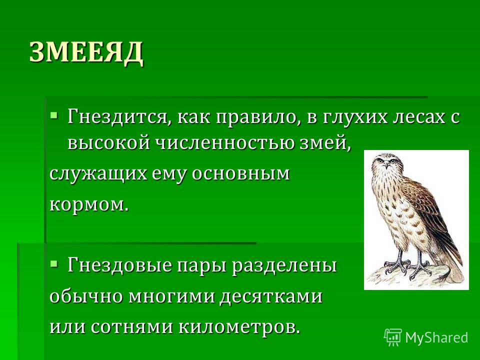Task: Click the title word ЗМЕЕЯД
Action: coord(86,52)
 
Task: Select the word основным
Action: coord(240,174)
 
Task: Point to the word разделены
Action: coord(284,265)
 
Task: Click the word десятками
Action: coord(271,296)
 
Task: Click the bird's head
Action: coord(386,162)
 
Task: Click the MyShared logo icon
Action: coord(393,337)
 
